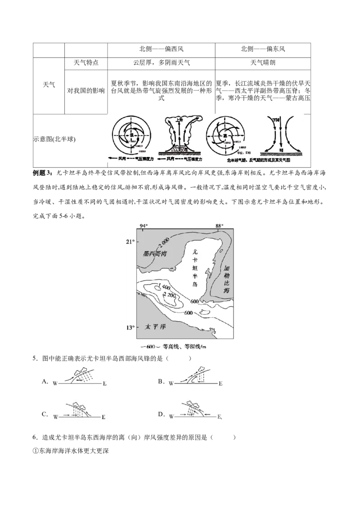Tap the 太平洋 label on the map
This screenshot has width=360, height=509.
(x=156, y=328)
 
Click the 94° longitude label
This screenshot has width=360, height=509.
(x=144, y=226)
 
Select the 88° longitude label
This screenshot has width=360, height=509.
(x=219, y=226)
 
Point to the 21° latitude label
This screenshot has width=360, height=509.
(x=130, y=242)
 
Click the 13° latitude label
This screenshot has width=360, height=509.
(x=130, y=327)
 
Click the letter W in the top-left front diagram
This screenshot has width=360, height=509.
(x=54, y=384)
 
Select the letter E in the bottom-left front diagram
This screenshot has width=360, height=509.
(x=103, y=417)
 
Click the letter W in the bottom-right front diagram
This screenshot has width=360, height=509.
(x=171, y=417)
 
